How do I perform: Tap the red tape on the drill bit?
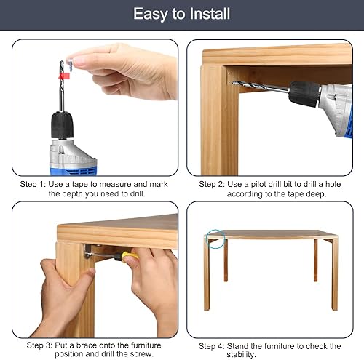pos(64,76)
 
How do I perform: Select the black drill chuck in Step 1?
pos(62,126)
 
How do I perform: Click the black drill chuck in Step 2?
pos(304,94)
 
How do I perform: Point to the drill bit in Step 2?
pos(261,87)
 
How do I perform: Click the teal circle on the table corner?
pos(215,239)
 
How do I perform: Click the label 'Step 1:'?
pos(33,184)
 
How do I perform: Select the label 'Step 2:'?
pos(212,184)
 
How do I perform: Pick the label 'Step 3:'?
pos(39,345)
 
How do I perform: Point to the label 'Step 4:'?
pos(212,346)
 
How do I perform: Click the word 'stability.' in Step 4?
pos(242,355)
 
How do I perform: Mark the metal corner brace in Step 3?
pos(88,251)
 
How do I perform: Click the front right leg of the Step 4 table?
pos(335,274)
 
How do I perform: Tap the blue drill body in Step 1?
pos(74,169)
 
